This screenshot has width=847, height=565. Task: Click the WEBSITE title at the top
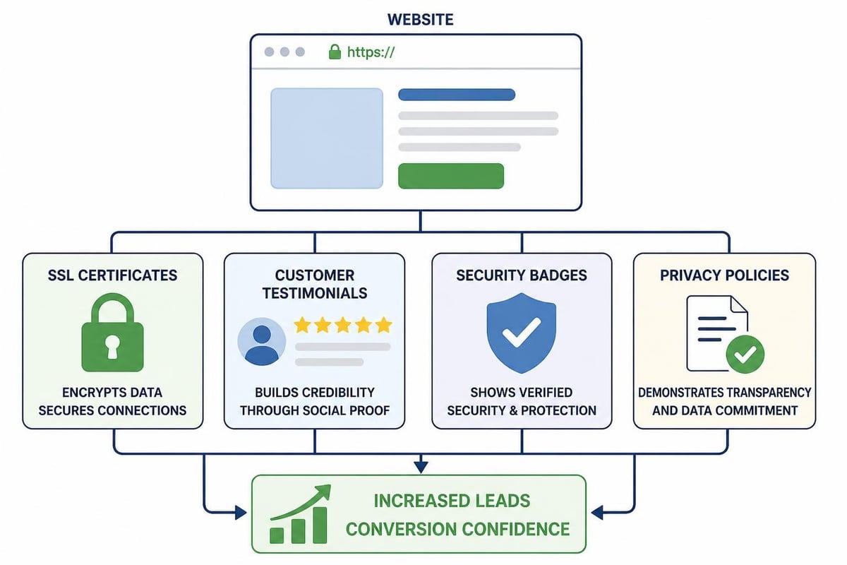click(x=420, y=20)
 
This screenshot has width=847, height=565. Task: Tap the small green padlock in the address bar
click(x=335, y=52)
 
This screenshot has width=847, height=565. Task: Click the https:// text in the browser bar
click(x=371, y=52)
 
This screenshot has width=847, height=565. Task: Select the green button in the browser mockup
click(x=451, y=176)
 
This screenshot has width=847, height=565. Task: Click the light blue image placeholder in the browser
click(x=327, y=138)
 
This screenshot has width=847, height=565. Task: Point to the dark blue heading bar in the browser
click(x=457, y=95)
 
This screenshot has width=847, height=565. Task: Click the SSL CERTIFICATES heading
click(x=112, y=275)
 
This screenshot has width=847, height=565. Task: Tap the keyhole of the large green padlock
click(x=112, y=345)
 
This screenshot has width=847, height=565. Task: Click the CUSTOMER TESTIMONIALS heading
click(x=315, y=284)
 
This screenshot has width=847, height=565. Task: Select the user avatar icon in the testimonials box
click(x=262, y=341)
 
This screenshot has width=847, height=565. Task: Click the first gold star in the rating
click(x=303, y=325)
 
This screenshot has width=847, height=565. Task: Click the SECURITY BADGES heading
click(x=522, y=275)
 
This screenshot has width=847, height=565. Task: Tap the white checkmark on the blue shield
click(x=522, y=332)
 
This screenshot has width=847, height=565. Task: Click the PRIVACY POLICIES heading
click(x=724, y=275)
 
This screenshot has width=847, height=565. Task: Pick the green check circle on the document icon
click(x=745, y=355)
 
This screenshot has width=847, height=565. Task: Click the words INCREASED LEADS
click(x=452, y=501)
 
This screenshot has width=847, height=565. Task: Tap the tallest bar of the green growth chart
click(x=320, y=525)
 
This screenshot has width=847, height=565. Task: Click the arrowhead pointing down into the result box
click(x=421, y=467)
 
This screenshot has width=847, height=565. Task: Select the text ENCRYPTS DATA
click(x=112, y=393)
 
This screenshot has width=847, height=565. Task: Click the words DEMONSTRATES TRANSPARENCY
click(x=724, y=393)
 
